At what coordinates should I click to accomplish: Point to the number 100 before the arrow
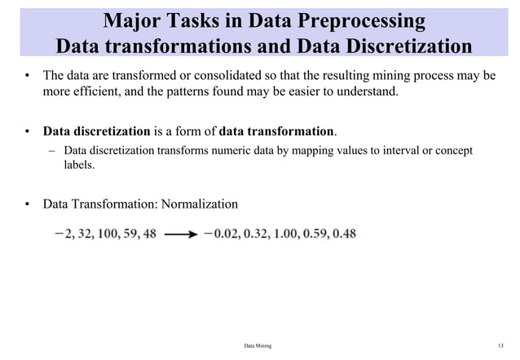109,234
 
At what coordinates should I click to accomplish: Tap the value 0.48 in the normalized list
342,234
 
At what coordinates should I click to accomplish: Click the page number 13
500,346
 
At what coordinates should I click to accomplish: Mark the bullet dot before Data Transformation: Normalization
27,203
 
